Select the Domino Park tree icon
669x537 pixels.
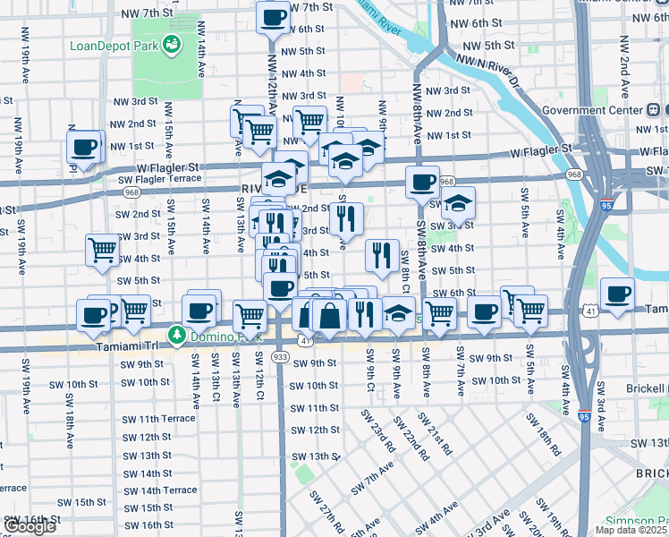pyautogui.click(x=178, y=336)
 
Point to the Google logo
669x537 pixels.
pyautogui.click(x=29, y=526)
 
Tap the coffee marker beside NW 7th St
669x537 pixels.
pyautogui.click(x=273, y=16)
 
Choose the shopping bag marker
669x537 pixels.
pyautogui.click(x=329, y=315)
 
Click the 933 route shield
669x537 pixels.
pyautogui.click(x=280, y=355)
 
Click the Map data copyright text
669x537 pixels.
pyautogui.click(x=631, y=530)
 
